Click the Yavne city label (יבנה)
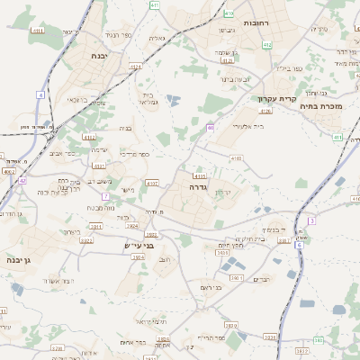(99, 56)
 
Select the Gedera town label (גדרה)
(199, 188)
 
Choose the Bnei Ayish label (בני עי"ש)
(139, 244)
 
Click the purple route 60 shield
(210, 128)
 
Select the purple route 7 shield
(105, 195)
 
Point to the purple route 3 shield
(311, 220)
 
